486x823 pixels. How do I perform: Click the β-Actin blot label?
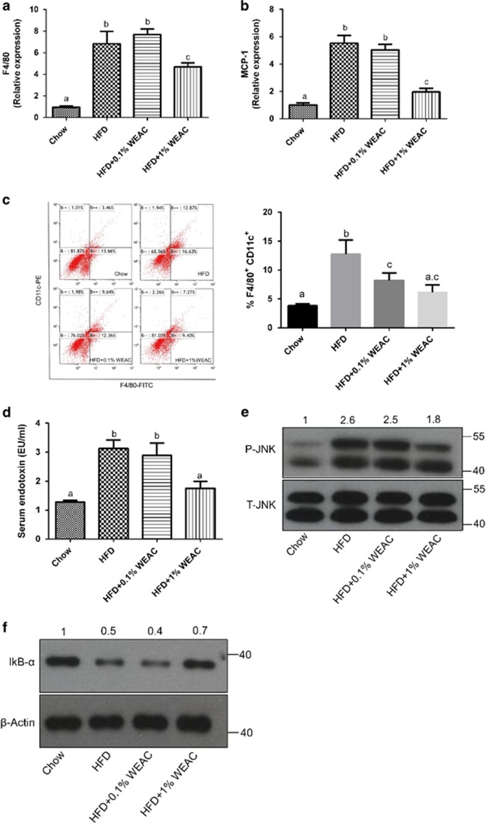pos(25,702)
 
